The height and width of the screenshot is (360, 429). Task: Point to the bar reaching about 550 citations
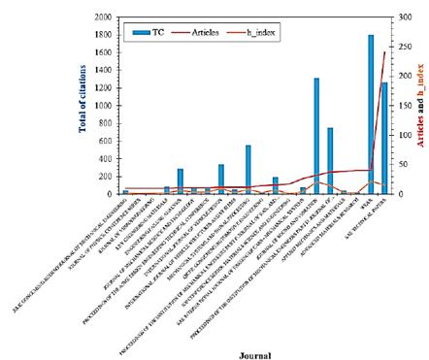point(248,169)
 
